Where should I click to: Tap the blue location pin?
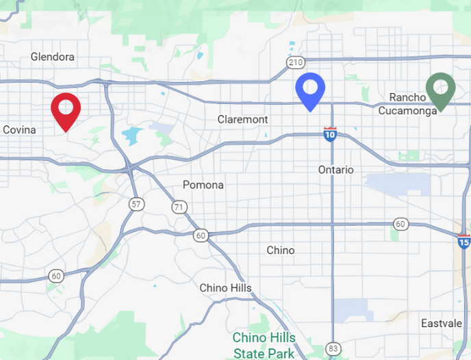coord(309,89)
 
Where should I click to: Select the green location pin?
coord(440,89)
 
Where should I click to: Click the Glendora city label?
coord(53,57)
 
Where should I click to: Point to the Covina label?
coord(19,129)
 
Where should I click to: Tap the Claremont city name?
coord(243,119)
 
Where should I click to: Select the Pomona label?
coord(203,185)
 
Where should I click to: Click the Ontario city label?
coord(336,169)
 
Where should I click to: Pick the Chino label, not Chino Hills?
coord(281,250)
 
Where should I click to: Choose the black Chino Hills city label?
coord(225,288)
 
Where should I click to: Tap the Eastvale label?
coord(441,323)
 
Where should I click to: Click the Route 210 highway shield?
coord(296,63)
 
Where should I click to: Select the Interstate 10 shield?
coord(330,134)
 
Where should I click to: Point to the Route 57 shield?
coord(137,204)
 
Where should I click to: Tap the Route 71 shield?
coord(179,207)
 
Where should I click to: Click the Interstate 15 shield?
coord(464,240)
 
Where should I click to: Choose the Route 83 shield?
coord(333,348)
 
